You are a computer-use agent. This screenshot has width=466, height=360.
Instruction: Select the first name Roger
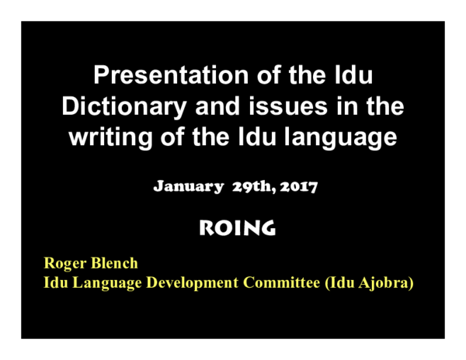(64, 264)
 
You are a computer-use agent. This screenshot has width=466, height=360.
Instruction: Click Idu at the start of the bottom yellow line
(54, 283)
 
